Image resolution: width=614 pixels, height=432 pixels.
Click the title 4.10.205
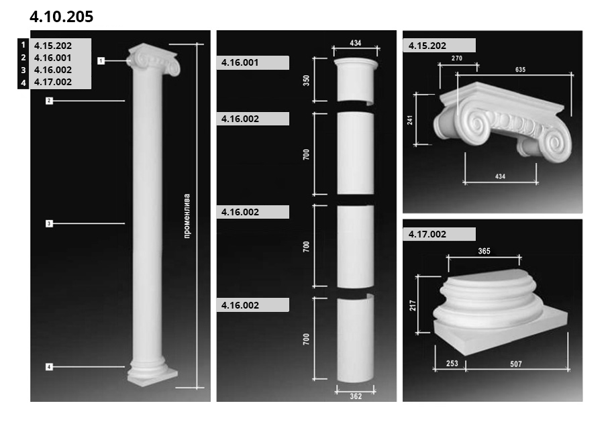pos(62,16)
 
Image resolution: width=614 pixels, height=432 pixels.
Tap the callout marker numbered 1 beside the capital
pos(101,60)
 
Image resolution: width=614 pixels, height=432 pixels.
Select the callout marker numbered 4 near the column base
pos(49,367)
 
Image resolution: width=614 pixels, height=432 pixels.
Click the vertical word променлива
pos(187,216)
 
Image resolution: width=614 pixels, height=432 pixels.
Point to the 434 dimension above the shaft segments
pos(356,43)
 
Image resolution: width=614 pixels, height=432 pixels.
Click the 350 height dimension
pos(306,80)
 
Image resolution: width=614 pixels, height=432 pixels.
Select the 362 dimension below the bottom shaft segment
pos(356,396)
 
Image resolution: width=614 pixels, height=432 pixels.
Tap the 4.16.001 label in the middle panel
pos(240,62)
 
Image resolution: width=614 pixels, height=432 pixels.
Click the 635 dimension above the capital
pos(521,70)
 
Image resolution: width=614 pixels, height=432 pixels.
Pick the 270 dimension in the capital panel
pos(457,58)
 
